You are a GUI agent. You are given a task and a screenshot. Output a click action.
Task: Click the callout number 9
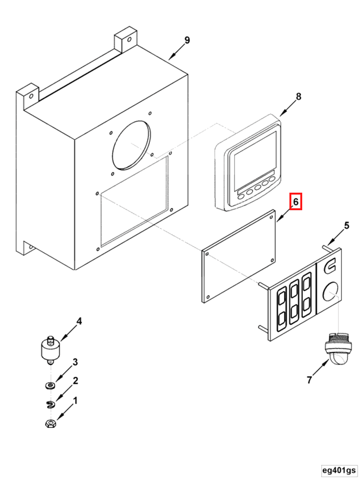click(x=187, y=40)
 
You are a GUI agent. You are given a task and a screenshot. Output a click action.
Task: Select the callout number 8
click(x=298, y=97)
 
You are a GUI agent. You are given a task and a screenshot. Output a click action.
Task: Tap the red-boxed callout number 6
click(x=296, y=202)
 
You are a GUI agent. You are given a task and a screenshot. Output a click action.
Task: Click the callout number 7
click(x=309, y=380)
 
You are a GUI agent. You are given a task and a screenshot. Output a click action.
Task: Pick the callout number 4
click(x=79, y=321)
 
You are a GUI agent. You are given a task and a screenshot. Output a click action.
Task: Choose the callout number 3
click(x=75, y=363)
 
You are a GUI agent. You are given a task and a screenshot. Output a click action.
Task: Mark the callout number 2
click(x=75, y=381)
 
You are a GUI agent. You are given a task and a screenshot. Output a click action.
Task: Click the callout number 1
click(x=75, y=401)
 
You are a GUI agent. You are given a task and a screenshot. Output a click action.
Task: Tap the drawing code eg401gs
click(x=339, y=470)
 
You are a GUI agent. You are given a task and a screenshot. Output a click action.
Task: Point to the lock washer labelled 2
click(x=50, y=404)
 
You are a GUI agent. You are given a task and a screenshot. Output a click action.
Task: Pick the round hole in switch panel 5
click(x=330, y=292)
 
